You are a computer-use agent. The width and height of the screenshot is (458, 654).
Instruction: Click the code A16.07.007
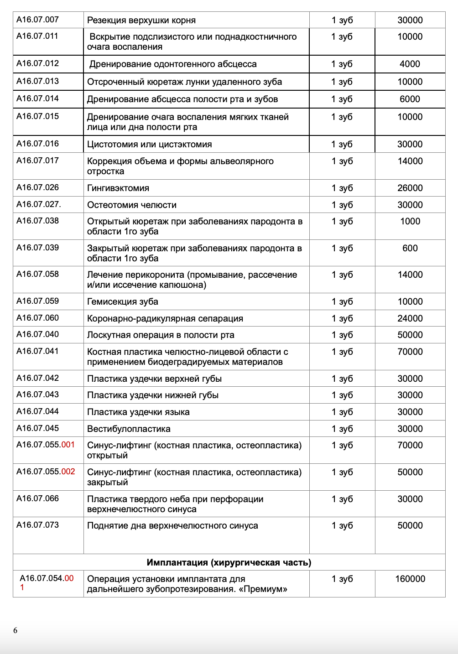pyautogui.click(x=37, y=20)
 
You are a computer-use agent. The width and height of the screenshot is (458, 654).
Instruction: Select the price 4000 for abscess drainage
pyautogui.click(x=410, y=64)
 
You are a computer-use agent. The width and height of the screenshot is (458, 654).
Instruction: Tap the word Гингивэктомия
pyautogui.click(x=118, y=188)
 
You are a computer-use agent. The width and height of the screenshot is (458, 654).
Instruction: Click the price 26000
pyautogui.click(x=410, y=188)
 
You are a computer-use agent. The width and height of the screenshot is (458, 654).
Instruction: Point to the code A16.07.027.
pyautogui.click(x=39, y=204)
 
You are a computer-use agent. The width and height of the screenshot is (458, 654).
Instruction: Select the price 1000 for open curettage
pyautogui.click(x=410, y=221)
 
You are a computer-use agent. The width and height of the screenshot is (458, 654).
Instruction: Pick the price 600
pyautogui.click(x=410, y=248)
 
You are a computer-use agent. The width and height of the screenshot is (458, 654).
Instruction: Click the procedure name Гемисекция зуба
pyautogui.click(x=123, y=301)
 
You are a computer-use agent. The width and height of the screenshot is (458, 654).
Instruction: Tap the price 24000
pyautogui.click(x=410, y=318)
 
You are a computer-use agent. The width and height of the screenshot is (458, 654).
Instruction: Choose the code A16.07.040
pyautogui.click(x=37, y=334)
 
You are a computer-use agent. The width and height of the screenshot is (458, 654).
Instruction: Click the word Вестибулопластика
pyautogui.click(x=129, y=429)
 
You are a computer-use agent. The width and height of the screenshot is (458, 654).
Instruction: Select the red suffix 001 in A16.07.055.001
pyautogui.click(x=68, y=445)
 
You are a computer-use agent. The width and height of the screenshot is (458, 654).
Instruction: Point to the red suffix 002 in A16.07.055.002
pyautogui.click(x=68, y=472)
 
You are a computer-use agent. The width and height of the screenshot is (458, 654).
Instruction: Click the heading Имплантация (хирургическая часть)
pyautogui.click(x=229, y=562)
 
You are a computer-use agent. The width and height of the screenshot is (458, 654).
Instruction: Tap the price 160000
pyautogui.click(x=410, y=579)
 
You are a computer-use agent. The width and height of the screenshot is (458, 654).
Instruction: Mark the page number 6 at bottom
pyautogui.click(x=16, y=631)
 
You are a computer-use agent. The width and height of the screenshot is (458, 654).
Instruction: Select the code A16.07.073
pyautogui.click(x=37, y=525)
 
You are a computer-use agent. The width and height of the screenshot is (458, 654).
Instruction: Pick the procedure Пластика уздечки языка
pyautogui.click(x=138, y=412)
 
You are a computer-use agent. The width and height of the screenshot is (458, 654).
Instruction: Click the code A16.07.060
pyautogui.click(x=37, y=318)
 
